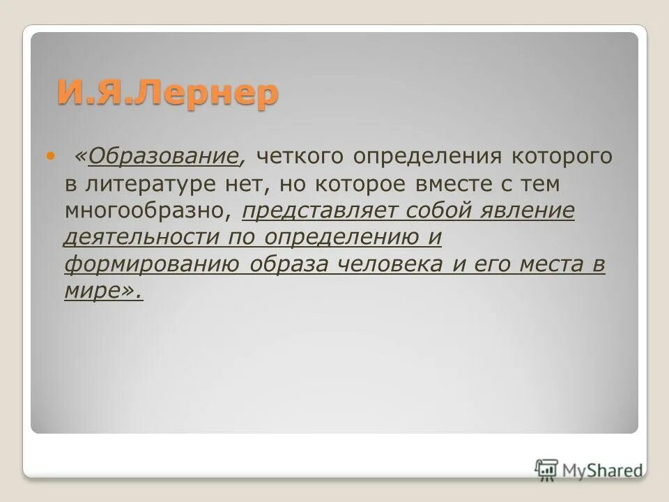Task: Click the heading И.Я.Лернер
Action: (167, 93)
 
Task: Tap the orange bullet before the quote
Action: (49, 155)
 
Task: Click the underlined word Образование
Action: (163, 156)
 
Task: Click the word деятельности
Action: (142, 237)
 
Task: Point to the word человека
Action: (390, 264)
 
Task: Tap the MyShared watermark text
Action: (602, 470)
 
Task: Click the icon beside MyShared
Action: (546, 469)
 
